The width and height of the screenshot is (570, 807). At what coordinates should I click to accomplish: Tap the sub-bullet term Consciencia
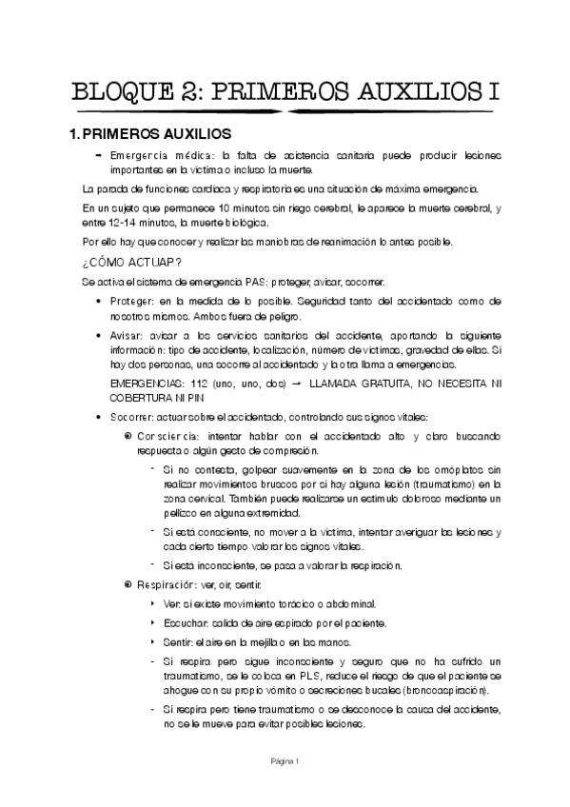pyautogui.click(x=170, y=435)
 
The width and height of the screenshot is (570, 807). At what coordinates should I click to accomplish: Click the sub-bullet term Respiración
pyautogui.click(x=169, y=582)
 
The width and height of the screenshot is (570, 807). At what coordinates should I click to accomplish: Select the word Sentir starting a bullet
pyautogui.click(x=178, y=642)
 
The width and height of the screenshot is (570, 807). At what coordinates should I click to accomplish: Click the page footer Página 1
pyautogui.click(x=285, y=760)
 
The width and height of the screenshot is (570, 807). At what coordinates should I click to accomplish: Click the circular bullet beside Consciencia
pyautogui.click(x=128, y=435)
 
